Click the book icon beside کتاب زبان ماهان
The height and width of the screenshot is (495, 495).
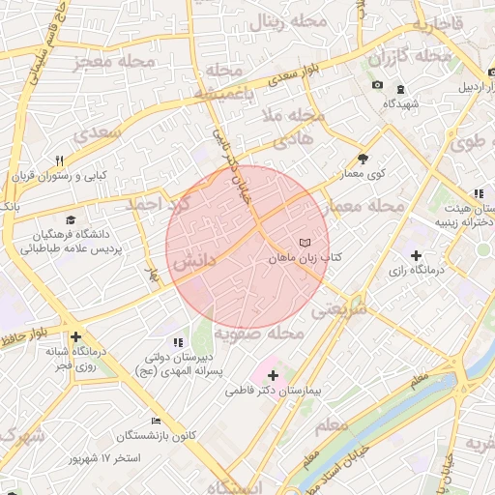coord(306,243)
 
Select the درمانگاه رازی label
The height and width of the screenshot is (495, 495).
coord(415,272)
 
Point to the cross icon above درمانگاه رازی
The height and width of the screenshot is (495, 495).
coord(416,256)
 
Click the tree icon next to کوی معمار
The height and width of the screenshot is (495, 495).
coord(363,159)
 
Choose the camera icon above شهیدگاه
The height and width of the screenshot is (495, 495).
coord(376,87)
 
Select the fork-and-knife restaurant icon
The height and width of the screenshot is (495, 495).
coord(59,160)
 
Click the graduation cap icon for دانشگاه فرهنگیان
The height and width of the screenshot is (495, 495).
coord(70,220)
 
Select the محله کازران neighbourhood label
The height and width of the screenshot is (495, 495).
coord(410,57)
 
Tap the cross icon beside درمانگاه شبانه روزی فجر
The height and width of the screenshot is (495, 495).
coord(74,337)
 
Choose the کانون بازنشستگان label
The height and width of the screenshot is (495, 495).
coord(160,436)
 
